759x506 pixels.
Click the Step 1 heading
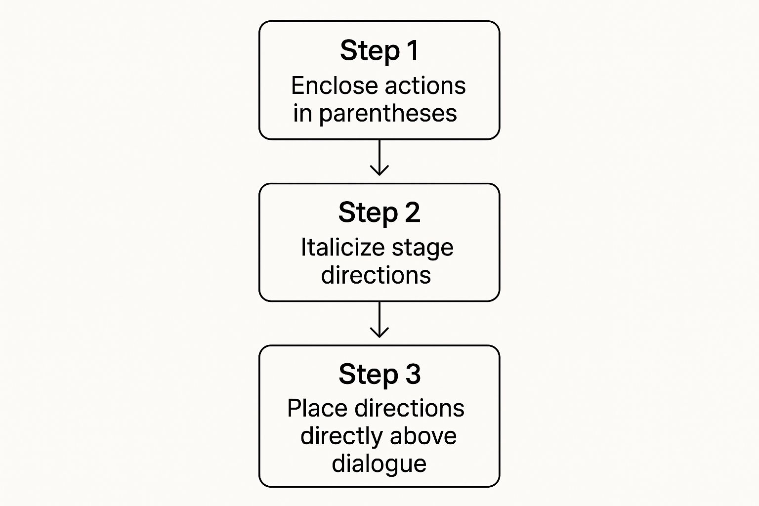(x=379, y=50)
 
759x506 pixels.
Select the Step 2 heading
(x=379, y=212)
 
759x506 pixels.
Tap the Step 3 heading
(x=379, y=374)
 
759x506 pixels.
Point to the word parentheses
(x=388, y=114)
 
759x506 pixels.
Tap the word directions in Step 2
(x=376, y=275)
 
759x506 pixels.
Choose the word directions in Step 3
(x=410, y=409)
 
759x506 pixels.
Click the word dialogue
(x=379, y=464)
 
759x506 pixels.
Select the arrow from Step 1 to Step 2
(x=379, y=158)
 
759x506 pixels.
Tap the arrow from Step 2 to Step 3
(x=379, y=320)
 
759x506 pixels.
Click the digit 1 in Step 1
(x=412, y=50)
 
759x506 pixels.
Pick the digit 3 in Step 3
(x=413, y=374)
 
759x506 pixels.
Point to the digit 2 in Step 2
(x=413, y=212)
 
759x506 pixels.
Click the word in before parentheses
(x=302, y=113)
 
